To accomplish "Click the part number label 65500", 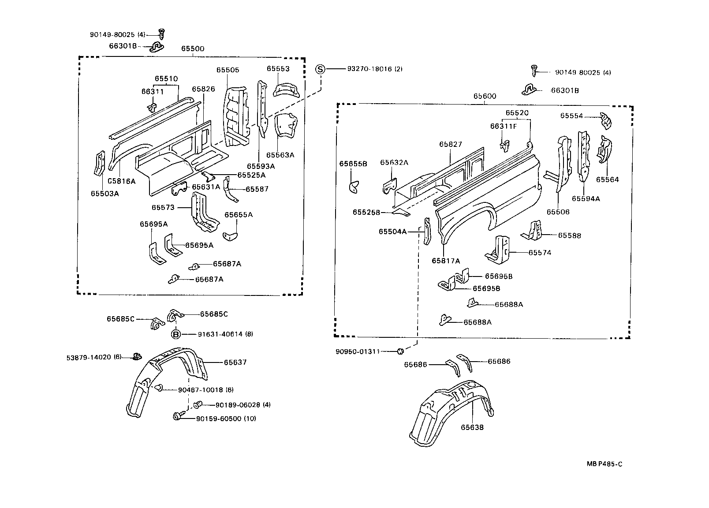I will pos(192,49).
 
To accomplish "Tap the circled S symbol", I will pos(321,69).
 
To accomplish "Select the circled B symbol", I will pos(175,334).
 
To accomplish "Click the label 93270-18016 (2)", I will pos(374,69).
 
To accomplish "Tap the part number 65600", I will pos(485,96).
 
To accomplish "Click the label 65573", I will pos(163,207).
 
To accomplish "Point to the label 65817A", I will pos(445,261).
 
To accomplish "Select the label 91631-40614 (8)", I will pos(219,334).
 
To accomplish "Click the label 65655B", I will pos(353,164).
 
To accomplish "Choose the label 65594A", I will pos(586,199).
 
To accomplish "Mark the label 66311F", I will pos(503,126).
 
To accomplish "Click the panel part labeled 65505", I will pos(236,117).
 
